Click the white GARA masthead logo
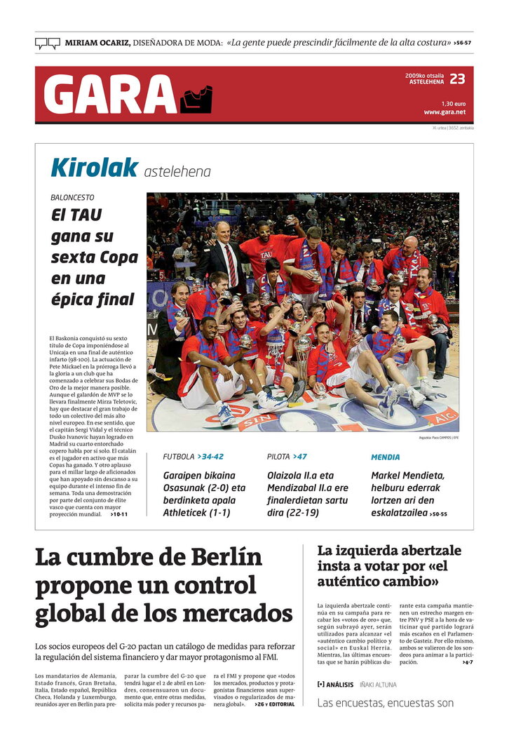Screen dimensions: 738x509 [x=109, y=94]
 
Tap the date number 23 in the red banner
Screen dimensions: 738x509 [x=457, y=79]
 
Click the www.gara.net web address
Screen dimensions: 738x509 [x=444, y=112]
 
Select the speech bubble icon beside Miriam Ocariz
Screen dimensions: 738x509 [x=48, y=43]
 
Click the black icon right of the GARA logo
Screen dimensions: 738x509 [x=196, y=100]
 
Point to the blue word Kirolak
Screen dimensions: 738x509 [x=94, y=168]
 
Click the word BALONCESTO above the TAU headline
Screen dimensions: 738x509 [x=72, y=198]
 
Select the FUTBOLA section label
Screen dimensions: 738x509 [x=179, y=457]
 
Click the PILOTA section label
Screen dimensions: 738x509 [x=278, y=457]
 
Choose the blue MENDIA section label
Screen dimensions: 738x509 [x=385, y=457]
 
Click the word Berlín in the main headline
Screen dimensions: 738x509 [x=216, y=558]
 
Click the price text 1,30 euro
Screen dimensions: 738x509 [x=454, y=103]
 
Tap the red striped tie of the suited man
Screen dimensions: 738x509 [x=230, y=264]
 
